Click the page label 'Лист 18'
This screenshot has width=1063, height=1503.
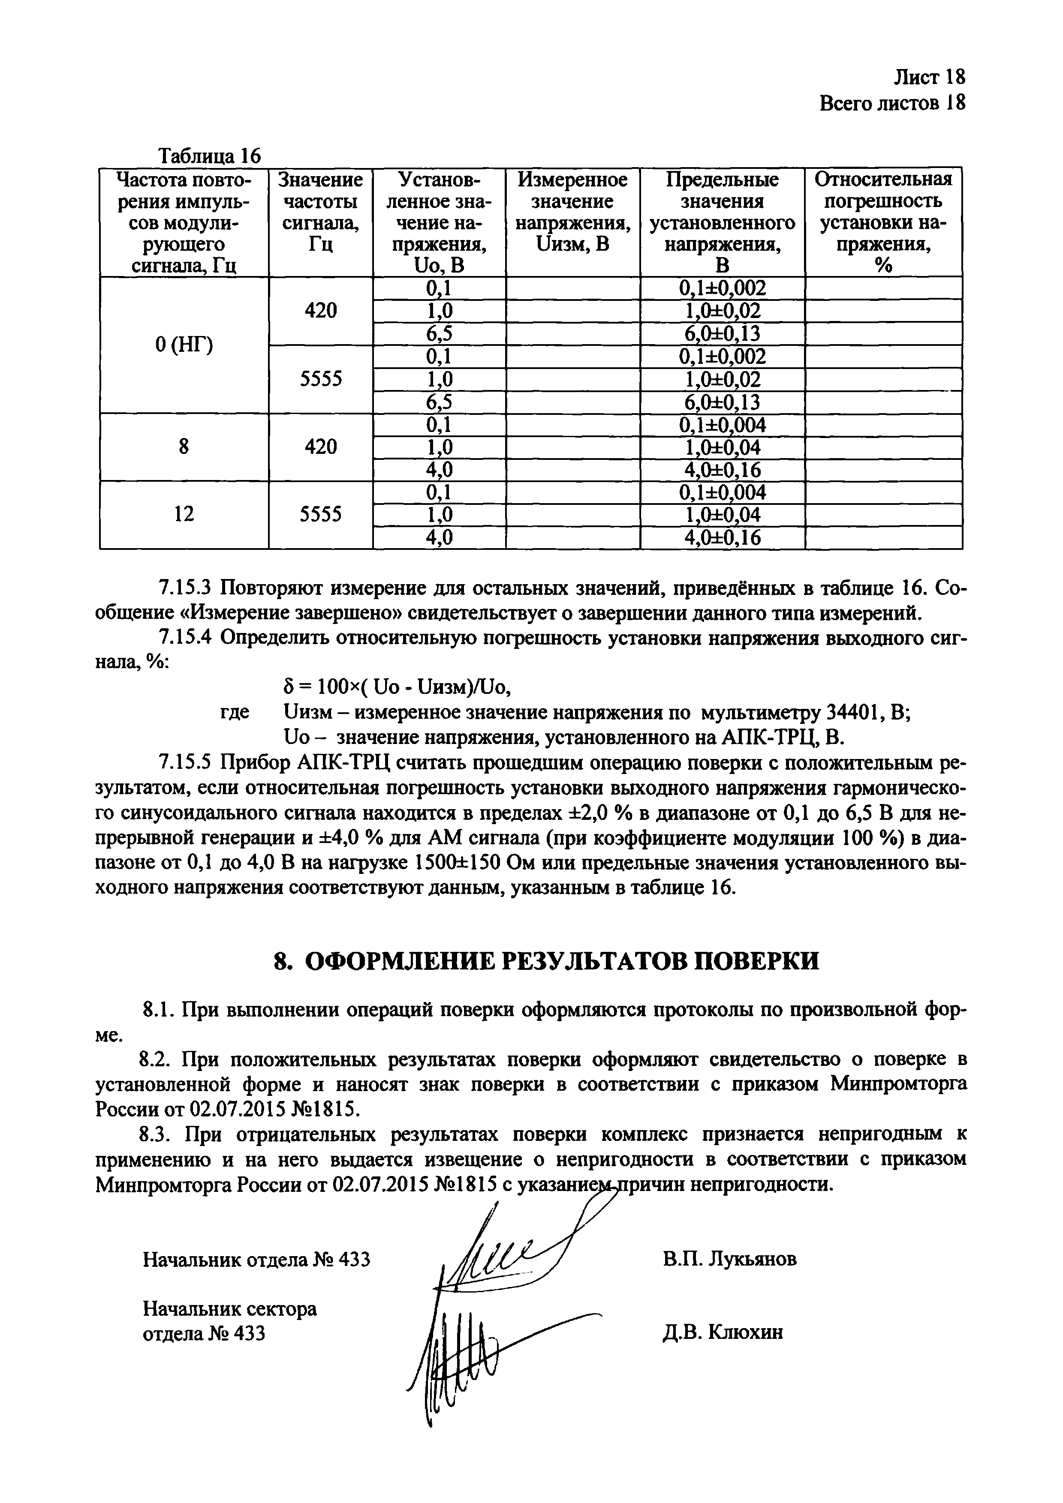[x=929, y=77]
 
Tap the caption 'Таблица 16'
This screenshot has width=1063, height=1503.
[x=210, y=156]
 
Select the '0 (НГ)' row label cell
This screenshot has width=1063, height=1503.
[x=184, y=345]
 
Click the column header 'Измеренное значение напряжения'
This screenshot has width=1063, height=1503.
[x=572, y=211]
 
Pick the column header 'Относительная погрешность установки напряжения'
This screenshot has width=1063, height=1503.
[x=883, y=222]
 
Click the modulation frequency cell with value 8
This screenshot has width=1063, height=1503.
[x=184, y=447]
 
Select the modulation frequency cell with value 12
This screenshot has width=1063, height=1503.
[x=184, y=515]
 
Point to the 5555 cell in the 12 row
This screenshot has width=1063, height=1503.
[x=320, y=515]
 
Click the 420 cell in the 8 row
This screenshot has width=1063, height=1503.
[x=320, y=447]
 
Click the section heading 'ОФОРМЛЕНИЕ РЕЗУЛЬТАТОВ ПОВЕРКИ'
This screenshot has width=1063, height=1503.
[x=545, y=961]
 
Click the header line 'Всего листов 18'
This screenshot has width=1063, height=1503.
[x=892, y=103]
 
